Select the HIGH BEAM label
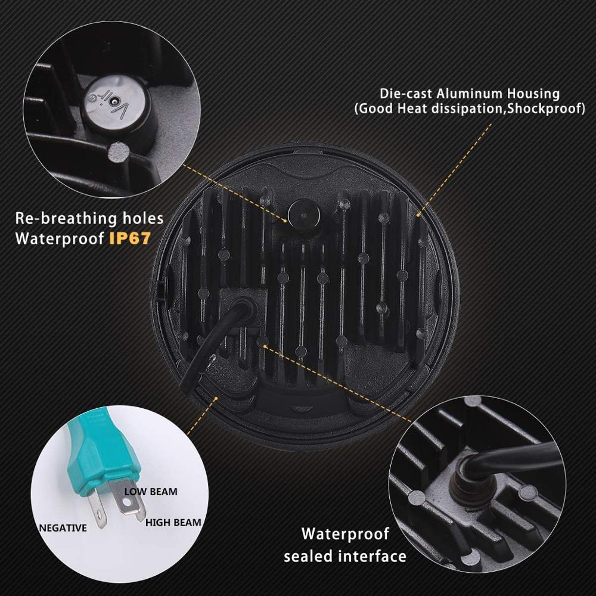tap(173, 522)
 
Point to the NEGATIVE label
tap(63, 527)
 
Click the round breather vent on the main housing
tap(301, 212)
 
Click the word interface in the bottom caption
tap(374, 557)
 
